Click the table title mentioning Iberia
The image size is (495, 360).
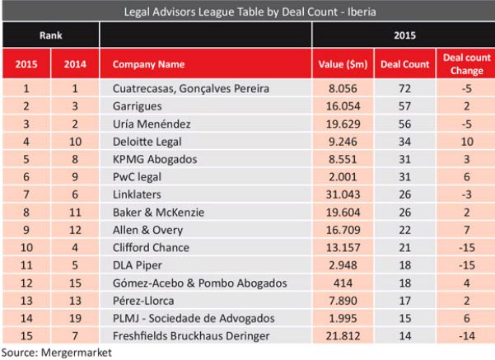click(247, 12)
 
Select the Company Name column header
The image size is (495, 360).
click(148, 63)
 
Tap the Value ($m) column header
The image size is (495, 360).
click(343, 63)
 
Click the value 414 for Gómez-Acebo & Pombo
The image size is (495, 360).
click(343, 283)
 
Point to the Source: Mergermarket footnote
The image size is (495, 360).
click(55, 352)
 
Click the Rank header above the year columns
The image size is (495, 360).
click(50, 36)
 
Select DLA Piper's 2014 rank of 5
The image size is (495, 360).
click(75, 265)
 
